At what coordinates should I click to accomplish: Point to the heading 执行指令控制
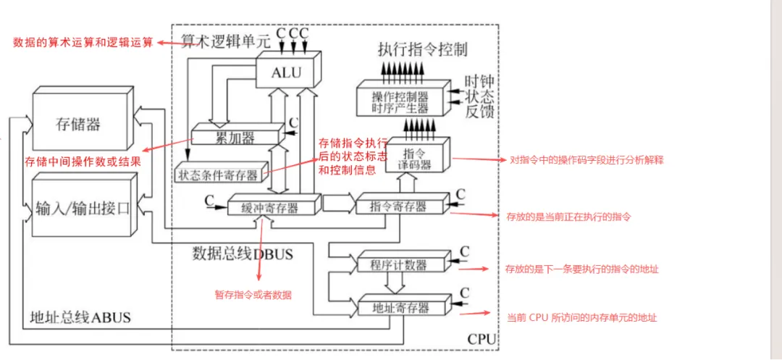tap(423, 50)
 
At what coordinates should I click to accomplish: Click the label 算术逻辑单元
tap(225, 42)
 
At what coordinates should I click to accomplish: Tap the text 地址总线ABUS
tap(80, 317)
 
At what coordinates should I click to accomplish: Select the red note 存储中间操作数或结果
tap(83, 162)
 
